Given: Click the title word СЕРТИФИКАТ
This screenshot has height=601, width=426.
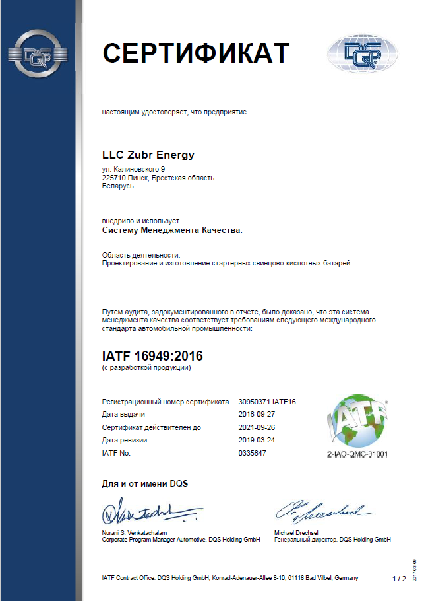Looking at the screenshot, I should click(195, 53).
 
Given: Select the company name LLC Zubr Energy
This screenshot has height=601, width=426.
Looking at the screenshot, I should click(148, 155).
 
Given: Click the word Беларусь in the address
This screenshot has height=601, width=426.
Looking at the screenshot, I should click(118, 186).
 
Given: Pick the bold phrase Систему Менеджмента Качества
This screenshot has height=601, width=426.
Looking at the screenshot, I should click(171, 230).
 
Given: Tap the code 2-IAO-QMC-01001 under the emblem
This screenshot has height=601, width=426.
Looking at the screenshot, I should click(358, 455).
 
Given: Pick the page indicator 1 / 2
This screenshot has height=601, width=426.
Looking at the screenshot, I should click(399, 579).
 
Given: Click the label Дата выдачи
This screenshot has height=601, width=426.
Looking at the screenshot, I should click(123, 414).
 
